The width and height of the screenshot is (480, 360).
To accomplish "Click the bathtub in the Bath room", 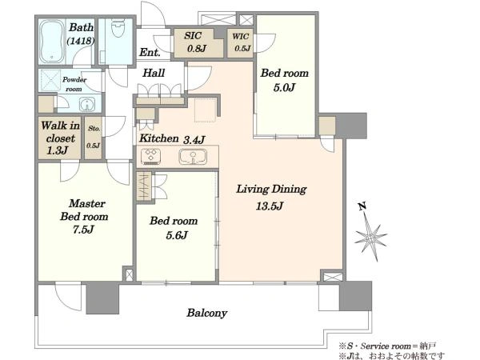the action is click(51, 41).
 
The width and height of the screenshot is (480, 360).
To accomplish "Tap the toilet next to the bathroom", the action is click(118, 27).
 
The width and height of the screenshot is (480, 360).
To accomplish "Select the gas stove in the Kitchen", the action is click(150, 157).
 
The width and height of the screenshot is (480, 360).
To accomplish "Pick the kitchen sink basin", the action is click(193, 157).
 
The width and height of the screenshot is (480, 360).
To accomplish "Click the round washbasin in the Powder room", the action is click(87, 105).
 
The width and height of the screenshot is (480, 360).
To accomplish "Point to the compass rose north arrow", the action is click(370, 233).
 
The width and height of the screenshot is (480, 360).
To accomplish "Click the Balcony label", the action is click(207, 313).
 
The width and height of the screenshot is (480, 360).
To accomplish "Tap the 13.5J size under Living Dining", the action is click(270, 206).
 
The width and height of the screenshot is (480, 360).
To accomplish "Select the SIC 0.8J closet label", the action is click(195, 42).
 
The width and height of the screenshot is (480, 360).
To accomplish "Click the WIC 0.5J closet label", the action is click(242, 42).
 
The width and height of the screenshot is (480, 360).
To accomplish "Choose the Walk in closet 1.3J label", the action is click(60, 138).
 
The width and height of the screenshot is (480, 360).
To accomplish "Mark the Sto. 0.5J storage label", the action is click(94, 137).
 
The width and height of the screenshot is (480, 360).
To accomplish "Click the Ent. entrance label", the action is click(150, 52).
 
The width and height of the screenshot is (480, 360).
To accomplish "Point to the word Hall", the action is click(154, 73).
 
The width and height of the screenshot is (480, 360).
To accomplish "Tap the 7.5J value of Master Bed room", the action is click(83, 230).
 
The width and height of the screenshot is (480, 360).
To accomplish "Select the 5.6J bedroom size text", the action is click(177, 235).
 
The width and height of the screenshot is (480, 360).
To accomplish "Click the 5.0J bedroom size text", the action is click(284, 88).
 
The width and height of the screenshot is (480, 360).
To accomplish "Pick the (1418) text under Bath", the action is click(81, 41).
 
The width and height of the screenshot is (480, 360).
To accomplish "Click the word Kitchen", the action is click(159, 138).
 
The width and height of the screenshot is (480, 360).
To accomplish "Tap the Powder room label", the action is click(74, 84).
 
